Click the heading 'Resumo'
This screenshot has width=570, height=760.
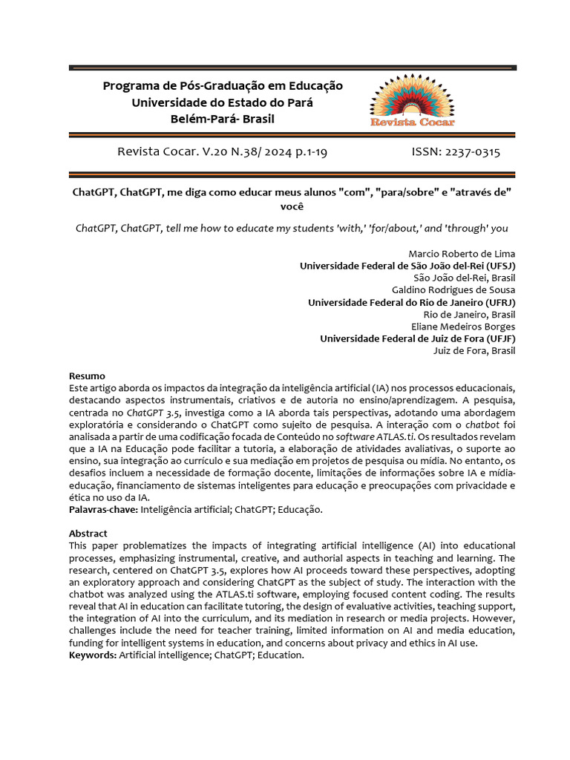(87, 376)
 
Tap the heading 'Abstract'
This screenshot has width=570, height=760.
(88, 534)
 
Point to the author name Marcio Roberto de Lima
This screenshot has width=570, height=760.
(462, 254)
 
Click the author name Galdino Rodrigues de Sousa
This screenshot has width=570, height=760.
(453, 290)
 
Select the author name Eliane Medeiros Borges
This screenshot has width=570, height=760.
(463, 327)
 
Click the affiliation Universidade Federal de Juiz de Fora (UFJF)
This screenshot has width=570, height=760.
(417, 338)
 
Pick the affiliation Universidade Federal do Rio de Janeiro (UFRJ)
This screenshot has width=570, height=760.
(411, 302)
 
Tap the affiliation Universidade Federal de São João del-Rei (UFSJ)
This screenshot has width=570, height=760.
(407, 266)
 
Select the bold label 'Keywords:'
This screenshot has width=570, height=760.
(93, 655)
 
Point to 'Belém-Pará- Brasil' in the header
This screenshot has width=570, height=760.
(223, 119)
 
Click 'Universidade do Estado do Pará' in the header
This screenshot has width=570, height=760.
(223, 102)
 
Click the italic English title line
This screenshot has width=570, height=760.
(292, 228)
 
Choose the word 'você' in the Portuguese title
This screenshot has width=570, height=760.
(292, 206)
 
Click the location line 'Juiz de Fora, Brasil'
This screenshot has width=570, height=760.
(474, 350)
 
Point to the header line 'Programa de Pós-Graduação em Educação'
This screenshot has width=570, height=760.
(223, 86)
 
